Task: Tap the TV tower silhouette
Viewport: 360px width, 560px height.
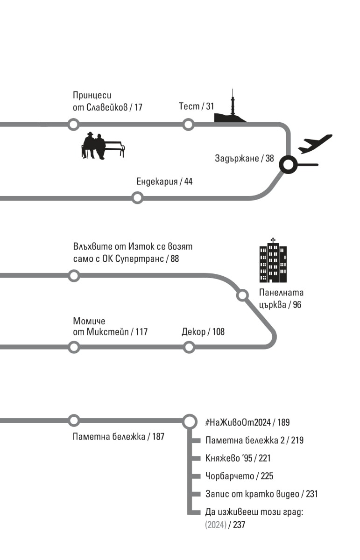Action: [231, 110]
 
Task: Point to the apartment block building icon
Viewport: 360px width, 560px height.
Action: [273, 262]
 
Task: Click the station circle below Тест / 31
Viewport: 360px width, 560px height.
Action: [188, 125]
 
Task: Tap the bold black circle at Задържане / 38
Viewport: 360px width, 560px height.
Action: [288, 164]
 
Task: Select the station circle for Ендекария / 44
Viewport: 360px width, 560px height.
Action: [137, 198]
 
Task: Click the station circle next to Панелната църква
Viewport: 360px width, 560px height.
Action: [242, 295]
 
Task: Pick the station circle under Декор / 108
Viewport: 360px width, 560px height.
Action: [189, 347]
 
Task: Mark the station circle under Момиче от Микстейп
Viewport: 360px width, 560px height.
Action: [73, 347]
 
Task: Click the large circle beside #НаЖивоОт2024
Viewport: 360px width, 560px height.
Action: [189, 421]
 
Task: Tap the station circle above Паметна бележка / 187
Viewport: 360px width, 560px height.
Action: [73, 420]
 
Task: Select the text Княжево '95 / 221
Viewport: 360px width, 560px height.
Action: [238, 458]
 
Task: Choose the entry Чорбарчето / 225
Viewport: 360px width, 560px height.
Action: [239, 476]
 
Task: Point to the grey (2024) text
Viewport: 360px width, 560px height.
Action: [215, 525]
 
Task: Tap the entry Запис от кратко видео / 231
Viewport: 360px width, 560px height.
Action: [261, 494]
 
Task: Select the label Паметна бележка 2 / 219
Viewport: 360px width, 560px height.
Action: [254, 440]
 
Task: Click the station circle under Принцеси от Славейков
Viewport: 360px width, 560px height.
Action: [73, 125]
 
